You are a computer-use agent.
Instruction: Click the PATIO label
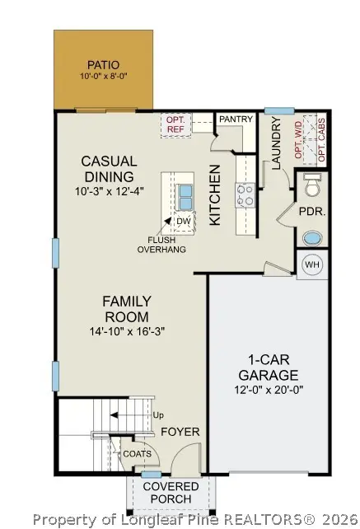[x=103, y=64]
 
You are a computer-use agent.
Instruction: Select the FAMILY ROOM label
[x=125, y=309]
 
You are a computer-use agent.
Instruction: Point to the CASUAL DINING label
[x=109, y=169]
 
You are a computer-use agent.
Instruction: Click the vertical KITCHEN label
[x=214, y=194]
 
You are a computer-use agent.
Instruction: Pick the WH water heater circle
[x=312, y=264]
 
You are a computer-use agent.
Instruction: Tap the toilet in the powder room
[x=311, y=188]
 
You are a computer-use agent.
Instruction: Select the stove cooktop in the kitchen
[x=245, y=196]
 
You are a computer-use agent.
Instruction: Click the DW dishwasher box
[x=183, y=221]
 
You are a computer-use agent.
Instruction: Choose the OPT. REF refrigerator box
[x=175, y=124]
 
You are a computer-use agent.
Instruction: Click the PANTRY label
[x=236, y=119]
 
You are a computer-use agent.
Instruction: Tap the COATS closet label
[x=138, y=453]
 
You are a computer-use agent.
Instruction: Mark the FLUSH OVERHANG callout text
[x=161, y=245]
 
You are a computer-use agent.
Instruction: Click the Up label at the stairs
[x=158, y=414]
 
